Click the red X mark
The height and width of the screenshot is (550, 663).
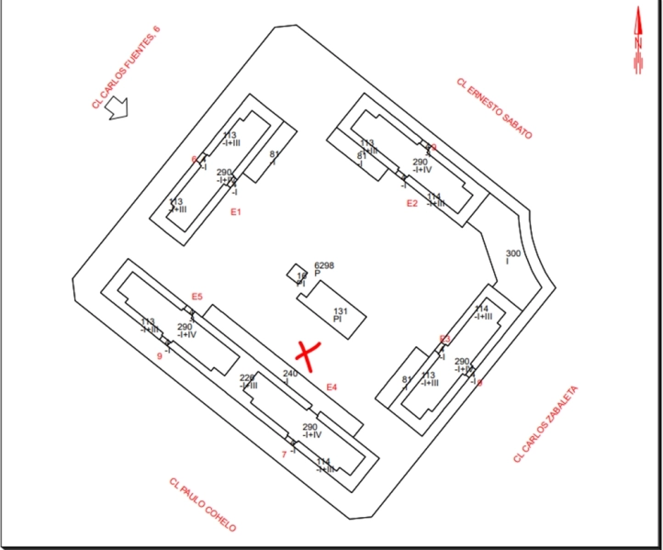click(x=307, y=354)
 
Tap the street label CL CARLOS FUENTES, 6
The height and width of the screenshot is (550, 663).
click(x=126, y=67)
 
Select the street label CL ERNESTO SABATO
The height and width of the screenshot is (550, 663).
click(x=494, y=107)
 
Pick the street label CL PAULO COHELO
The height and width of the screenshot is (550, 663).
click(x=203, y=504)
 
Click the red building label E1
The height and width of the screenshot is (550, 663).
click(x=235, y=212)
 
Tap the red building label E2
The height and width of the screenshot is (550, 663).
click(x=412, y=204)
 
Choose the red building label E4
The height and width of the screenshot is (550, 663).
click(x=332, y=387)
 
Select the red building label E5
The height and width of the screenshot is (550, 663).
click(x=197, y=296)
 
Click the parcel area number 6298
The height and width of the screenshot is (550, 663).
click(x=324, y=265)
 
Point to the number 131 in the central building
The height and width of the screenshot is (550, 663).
click(x=341, y=311)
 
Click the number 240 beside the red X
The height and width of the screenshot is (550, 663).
click(x=290, y=374)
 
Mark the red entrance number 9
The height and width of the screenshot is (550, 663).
click(x=160, y=355)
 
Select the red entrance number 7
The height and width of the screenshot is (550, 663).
click(x=284, y=454)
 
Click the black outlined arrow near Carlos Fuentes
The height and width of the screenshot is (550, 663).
click(x=118, y=107)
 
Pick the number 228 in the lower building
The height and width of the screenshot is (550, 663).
click(x=247, y=377)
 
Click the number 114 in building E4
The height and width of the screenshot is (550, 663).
click(x=323, y=461)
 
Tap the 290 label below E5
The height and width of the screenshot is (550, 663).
click(x=185, y=327)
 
